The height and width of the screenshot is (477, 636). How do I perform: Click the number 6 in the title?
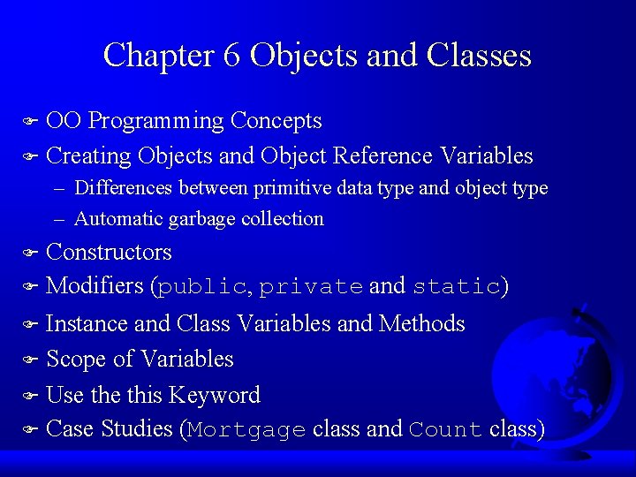(x=231, y=56)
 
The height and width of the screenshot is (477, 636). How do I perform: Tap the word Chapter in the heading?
(x=157, y=56)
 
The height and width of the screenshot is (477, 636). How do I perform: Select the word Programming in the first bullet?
(x=156, y=121)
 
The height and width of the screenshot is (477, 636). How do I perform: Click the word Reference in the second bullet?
(x=382, y=156)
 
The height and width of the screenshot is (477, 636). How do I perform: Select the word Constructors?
(x=109, y=253)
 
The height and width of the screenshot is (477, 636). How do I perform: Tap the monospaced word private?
(x=311, y=287)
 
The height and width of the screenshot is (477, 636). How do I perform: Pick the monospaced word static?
(x=457, y=287)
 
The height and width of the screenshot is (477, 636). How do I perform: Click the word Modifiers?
(x=95, y=286)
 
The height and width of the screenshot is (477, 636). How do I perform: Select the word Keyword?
(x=215, y=395)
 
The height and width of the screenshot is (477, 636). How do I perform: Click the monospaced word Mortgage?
(x=246, y=431)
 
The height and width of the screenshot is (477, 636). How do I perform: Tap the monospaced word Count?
(x=445, y=431)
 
